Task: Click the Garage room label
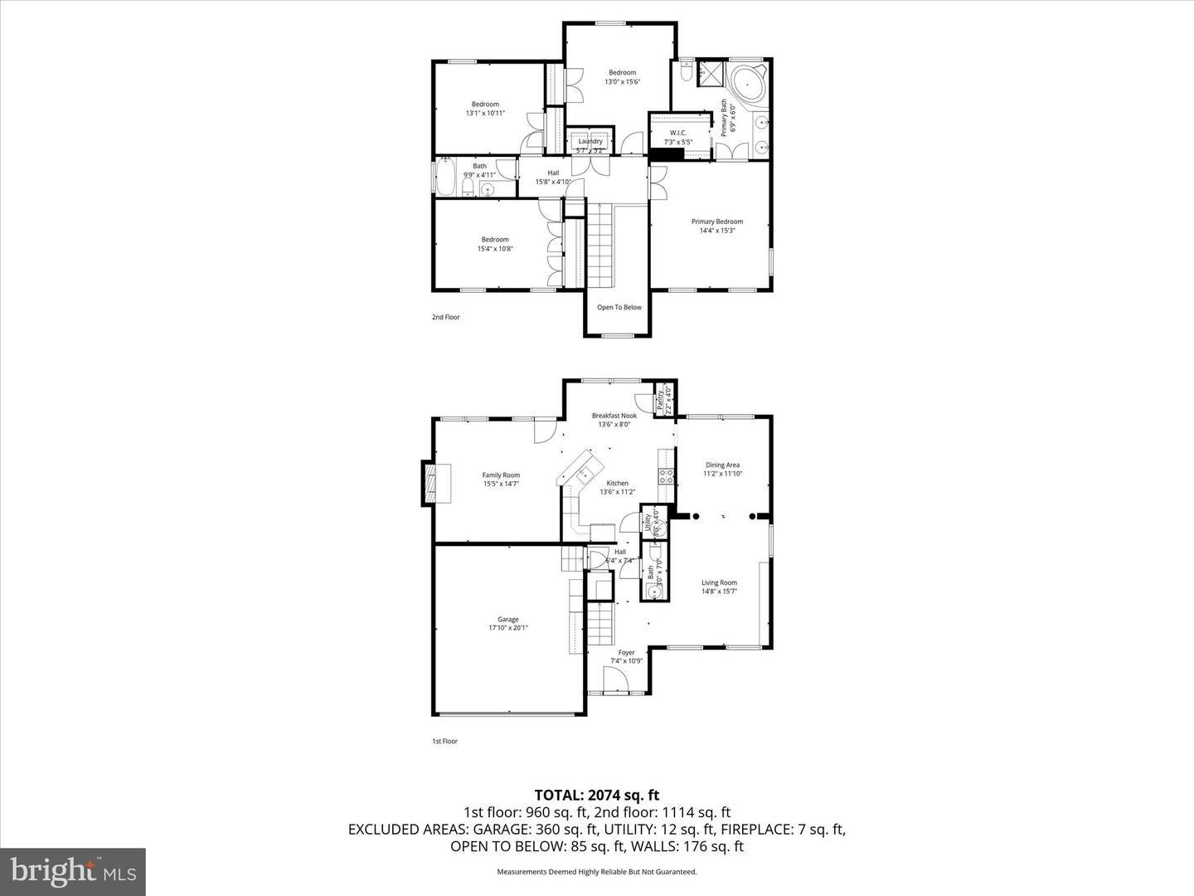coord(507,623)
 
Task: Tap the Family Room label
coord(501,479)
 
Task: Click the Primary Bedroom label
coord(717,226)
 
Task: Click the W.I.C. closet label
coord(678,137)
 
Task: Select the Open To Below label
coord(619,308)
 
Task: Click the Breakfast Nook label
coord(614,420)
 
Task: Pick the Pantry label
coord(663,399)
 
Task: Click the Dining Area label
coord(722,469)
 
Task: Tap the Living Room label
coord(719,587)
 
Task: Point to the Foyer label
coord(626,656)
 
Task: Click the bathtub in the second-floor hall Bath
coord(444,177)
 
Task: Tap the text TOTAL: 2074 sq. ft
coord(596,796)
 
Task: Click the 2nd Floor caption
coord(445,317)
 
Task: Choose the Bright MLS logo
coord(73,872)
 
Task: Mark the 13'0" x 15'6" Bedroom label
coord(622,77)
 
